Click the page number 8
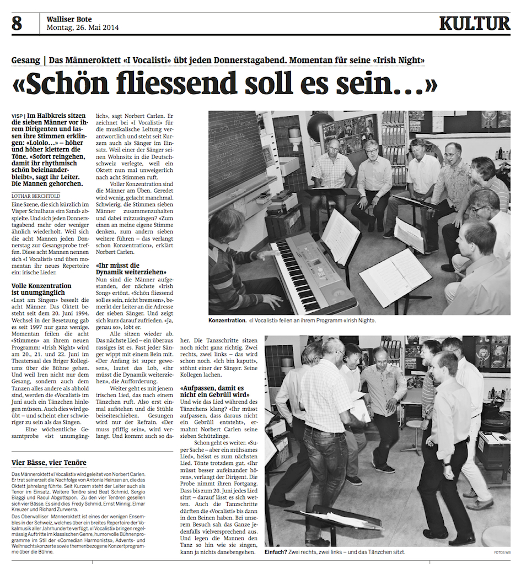17,24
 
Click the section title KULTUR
474,24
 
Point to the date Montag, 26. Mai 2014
82,28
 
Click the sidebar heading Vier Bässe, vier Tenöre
49,462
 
